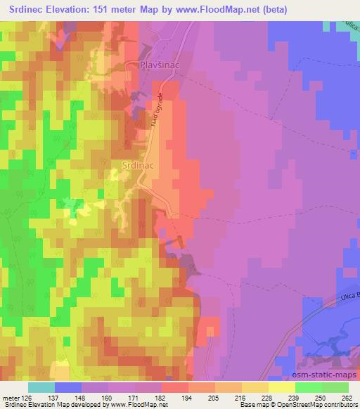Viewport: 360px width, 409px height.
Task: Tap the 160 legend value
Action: click(x=105, y=397)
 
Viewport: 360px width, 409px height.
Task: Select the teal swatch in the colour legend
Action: click(x=41, y=387)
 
